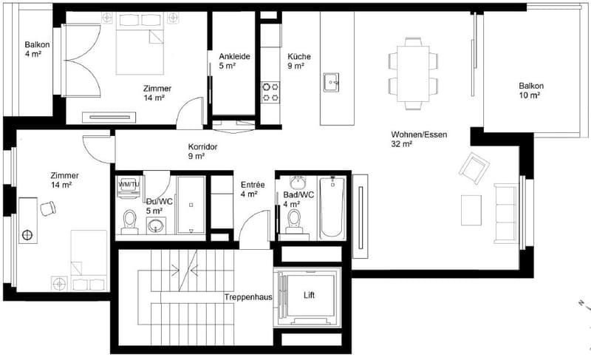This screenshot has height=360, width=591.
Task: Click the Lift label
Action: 309,295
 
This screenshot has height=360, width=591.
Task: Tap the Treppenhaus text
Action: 248,297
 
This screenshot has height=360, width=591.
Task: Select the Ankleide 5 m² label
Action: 234,61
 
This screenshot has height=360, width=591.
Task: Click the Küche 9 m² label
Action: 299,61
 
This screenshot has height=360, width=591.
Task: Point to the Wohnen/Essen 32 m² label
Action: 419,139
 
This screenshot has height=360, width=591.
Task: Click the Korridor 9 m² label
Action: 202,151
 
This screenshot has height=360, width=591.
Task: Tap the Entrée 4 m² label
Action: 253,189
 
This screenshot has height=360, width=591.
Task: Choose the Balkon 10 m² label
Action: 531,90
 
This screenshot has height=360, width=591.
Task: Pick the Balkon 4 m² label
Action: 37,49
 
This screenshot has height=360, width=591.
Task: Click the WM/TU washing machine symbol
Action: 129,187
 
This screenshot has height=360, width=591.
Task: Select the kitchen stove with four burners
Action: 270,92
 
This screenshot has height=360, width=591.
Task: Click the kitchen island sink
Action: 331,82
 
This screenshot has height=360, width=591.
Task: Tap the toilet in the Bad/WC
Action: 293,222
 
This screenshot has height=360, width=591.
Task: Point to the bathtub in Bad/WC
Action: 332,208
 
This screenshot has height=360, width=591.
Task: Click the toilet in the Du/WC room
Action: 130,222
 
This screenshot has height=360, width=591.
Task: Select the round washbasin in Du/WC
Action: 156,225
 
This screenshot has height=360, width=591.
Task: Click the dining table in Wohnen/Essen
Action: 413,73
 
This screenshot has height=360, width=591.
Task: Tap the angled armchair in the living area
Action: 474,168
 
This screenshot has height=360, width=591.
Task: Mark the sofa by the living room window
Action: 506,214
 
